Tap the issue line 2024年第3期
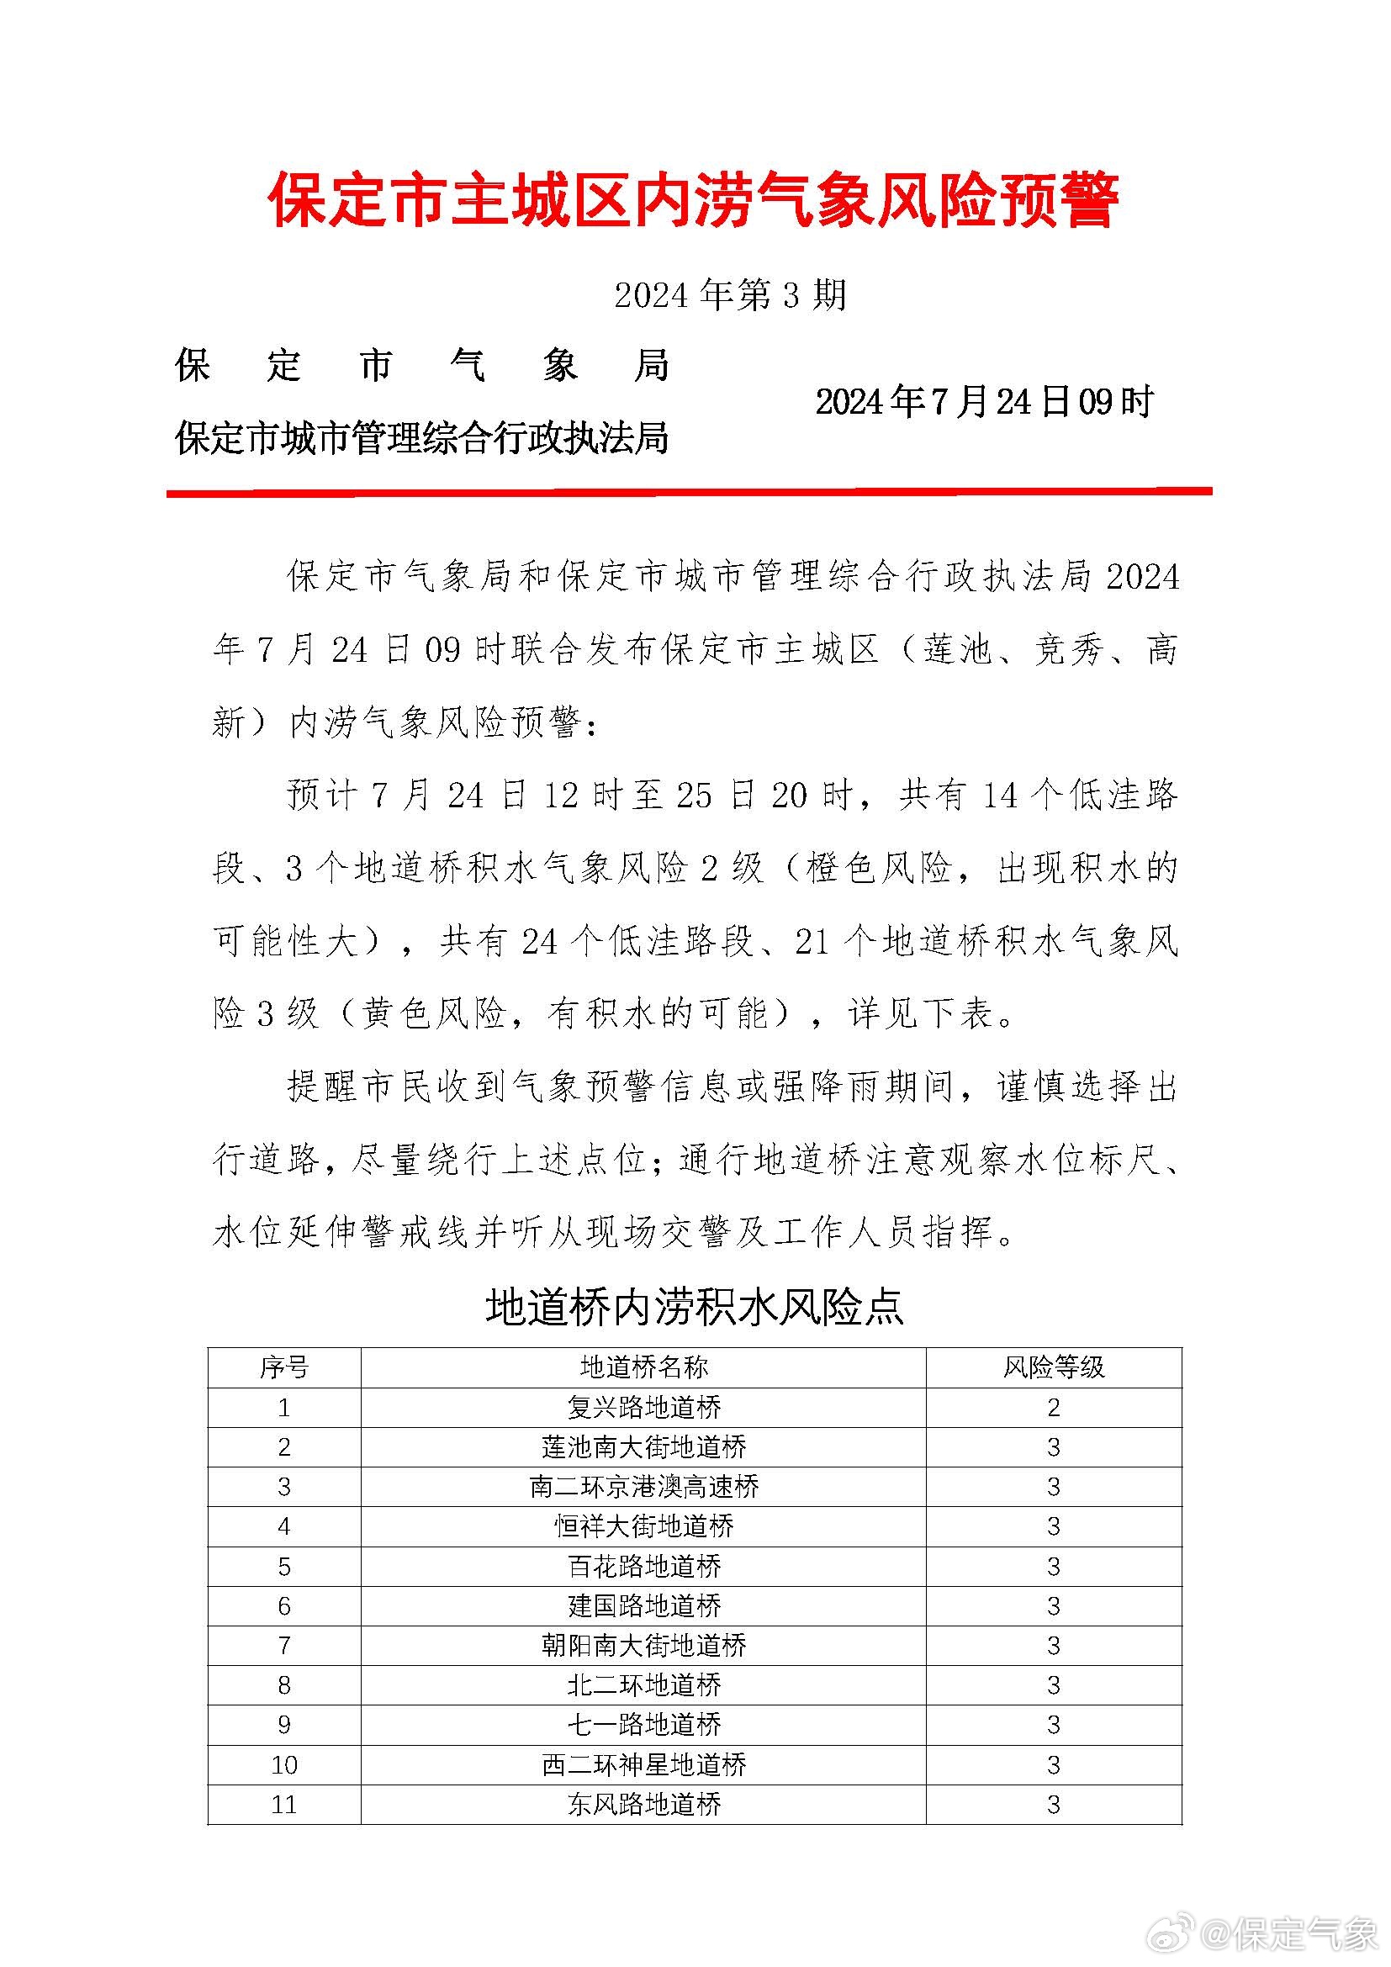[x=730, y=295]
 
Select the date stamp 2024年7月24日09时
[x=984, y=402]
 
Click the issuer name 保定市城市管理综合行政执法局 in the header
[x=421, y=440]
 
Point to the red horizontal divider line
[x=690, y=493]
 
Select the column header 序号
[x=284, y=1367]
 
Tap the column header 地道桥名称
[x=644, y=1367]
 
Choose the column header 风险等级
[x=1054, y=1367]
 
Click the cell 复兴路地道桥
[x=644, y=1408]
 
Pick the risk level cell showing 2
[x=1054, y=1408]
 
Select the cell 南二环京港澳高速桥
[x=644, y=1486]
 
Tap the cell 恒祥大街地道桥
[x=644, y=1525]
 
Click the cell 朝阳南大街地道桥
[x=644, y=1645]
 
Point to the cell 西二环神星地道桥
[x=644, y=1764]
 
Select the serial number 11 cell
[x=284, y=1804]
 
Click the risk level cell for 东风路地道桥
[x=1054, y=1804]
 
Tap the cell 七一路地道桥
[x=644, y=1724]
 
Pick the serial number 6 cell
[x=284, y=1605]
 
